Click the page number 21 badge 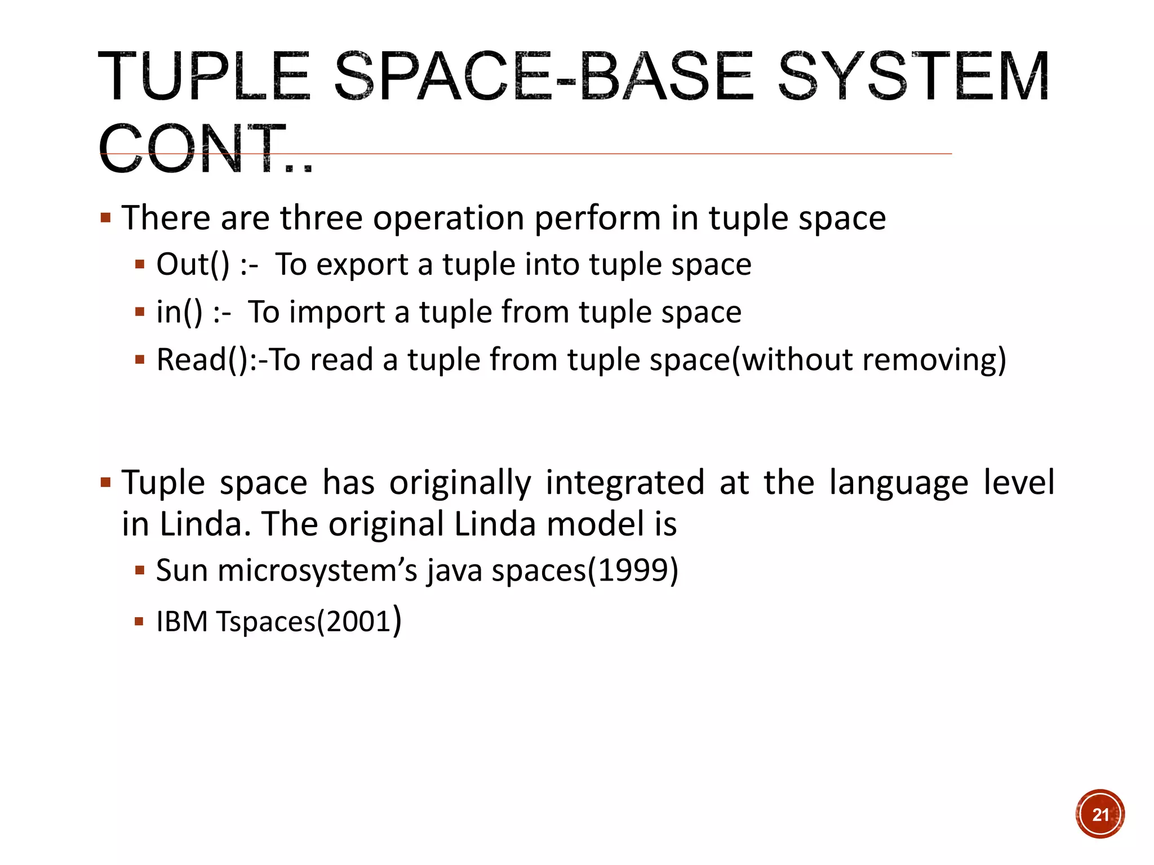[x=1100, y=814]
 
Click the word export [x=362, y=264]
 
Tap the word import [x=336, y=312]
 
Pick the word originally [x=460, y=482]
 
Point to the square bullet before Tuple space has [x=105, y=483]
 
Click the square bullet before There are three [x=105, y=217]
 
